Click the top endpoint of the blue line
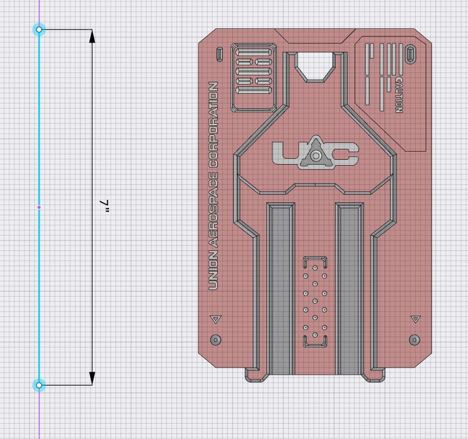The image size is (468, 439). pyautogui.click(x=39, y=29)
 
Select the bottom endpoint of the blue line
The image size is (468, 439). pyautogui.click(x=39, y=385)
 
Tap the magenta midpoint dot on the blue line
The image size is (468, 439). pyautogui.click(x=39, y=207)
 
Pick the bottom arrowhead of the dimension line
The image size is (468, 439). pyautogui.click(x=93, y=378)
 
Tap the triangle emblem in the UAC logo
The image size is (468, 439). pyautogui.click(x=316, y=155)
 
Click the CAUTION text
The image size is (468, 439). pyautogui.click(x=399, y=94)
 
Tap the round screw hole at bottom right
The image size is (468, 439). pyautogui.click(x=414, y=340)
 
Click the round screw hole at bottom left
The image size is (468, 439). pyautogui.click(x=216, y=340)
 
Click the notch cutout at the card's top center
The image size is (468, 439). pyautogui.click(x=316, y=65)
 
